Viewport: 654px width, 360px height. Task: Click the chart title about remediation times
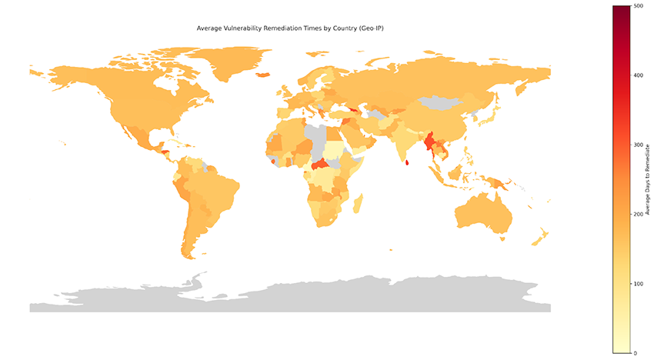coord(292,28)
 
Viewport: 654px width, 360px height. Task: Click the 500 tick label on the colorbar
coord(638,6)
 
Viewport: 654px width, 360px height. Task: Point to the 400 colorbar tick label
coord(638,75)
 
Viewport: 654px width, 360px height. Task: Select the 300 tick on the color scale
coord(638,145)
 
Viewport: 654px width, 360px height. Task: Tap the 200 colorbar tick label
coord(638,214)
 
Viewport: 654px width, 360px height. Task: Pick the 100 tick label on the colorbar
coord(638,284)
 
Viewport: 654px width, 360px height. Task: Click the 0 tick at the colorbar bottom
coord(635,353)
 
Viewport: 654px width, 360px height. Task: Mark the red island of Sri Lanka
coord(406,162)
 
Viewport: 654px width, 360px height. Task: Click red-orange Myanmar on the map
coord(430,142)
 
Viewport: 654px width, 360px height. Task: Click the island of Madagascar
coord(358,203)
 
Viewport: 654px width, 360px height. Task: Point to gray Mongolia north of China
coord(445,102)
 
